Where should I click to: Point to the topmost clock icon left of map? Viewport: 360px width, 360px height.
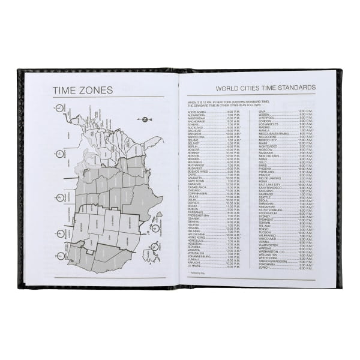59,108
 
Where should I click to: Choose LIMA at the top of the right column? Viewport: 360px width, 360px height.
262,112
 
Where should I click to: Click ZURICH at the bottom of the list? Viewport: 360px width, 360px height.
265,268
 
